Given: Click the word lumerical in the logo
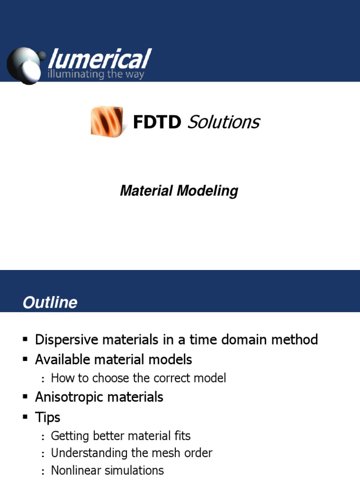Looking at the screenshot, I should click(99, 60).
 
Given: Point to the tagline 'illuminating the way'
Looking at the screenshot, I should click(96, 74).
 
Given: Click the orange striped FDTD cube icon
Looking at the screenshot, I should click(107, 121).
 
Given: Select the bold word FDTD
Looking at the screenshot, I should click(157, 122).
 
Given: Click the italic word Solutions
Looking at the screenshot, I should click(223, 122).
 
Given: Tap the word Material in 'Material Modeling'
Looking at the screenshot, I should click(146, 191).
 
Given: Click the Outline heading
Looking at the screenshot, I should click(50, 302).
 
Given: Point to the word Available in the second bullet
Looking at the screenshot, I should click(60, 360).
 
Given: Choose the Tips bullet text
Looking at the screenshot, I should click(47, 417).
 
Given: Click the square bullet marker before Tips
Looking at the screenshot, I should click(25, 417).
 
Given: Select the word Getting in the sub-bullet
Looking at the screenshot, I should click(68, 436).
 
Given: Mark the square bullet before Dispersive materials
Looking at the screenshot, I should click(25, 339).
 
